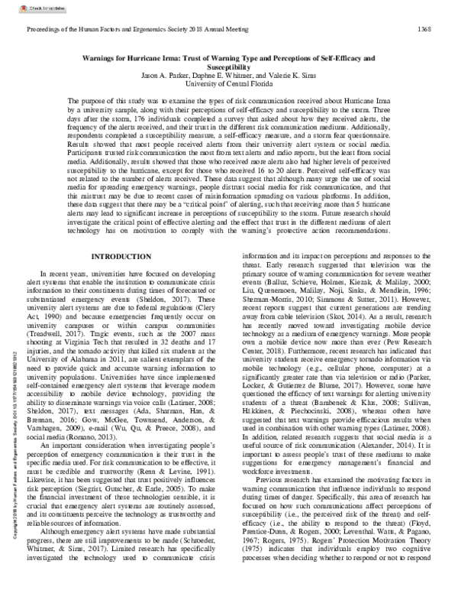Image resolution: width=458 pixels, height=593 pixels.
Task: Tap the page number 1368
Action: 429,29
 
